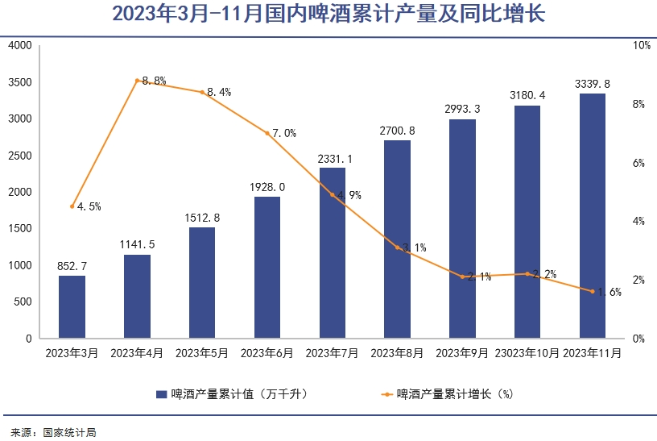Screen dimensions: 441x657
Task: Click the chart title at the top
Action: point(328,15)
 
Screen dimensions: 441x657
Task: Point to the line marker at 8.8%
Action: point(137,81)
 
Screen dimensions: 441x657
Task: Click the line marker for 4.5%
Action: point(72,206)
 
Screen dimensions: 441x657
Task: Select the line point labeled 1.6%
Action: point(593,291)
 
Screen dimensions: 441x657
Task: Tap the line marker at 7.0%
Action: point(267,133)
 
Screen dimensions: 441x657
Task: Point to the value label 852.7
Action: point(72,265)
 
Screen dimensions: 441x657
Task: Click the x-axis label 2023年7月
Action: point(333,353)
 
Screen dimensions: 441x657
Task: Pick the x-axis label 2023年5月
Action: point(202,353)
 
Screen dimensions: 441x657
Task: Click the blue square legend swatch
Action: point(161,394)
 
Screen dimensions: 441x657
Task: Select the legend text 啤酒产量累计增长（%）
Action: point(455,394)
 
